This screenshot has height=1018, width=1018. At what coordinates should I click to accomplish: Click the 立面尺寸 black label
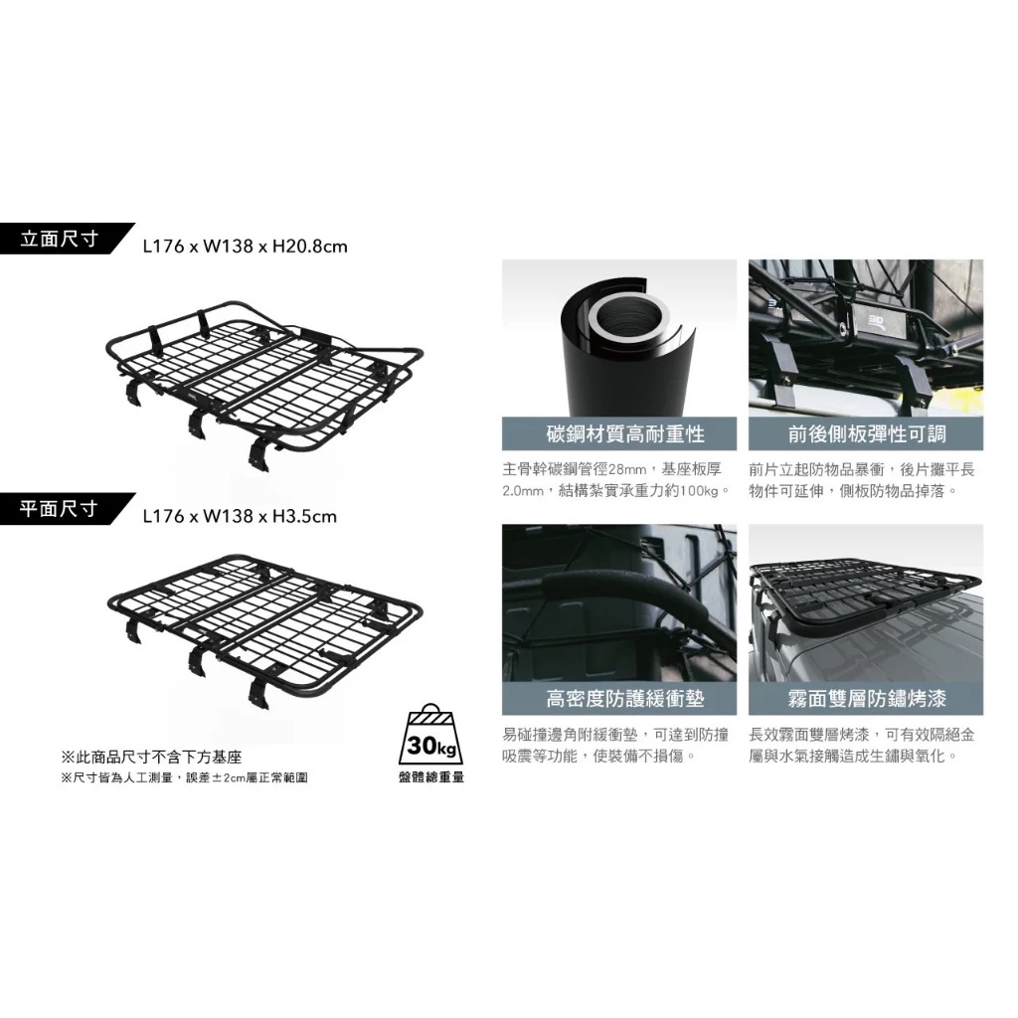click(60, 241)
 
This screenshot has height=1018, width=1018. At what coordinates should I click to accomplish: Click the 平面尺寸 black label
click(60, 509)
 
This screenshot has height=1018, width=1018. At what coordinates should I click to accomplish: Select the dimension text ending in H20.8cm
click(245, 246)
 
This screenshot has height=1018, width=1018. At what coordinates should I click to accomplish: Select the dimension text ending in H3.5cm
click(240, 516)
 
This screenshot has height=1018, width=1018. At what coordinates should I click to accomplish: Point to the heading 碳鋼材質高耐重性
click(618, 433)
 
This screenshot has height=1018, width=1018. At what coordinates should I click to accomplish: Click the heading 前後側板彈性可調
click(866, 433)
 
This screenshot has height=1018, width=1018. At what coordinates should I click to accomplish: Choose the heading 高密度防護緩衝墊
click(618, 699)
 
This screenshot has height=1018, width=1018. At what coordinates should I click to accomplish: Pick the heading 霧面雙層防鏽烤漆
click(866, 699)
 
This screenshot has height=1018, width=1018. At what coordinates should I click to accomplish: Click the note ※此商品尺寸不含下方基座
click(151, 758)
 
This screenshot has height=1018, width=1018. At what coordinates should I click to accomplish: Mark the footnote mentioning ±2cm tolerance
click(184, 777)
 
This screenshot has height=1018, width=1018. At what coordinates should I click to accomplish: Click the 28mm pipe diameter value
click(622, 467)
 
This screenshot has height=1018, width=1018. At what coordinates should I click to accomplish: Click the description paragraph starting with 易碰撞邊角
click(616, 746)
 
